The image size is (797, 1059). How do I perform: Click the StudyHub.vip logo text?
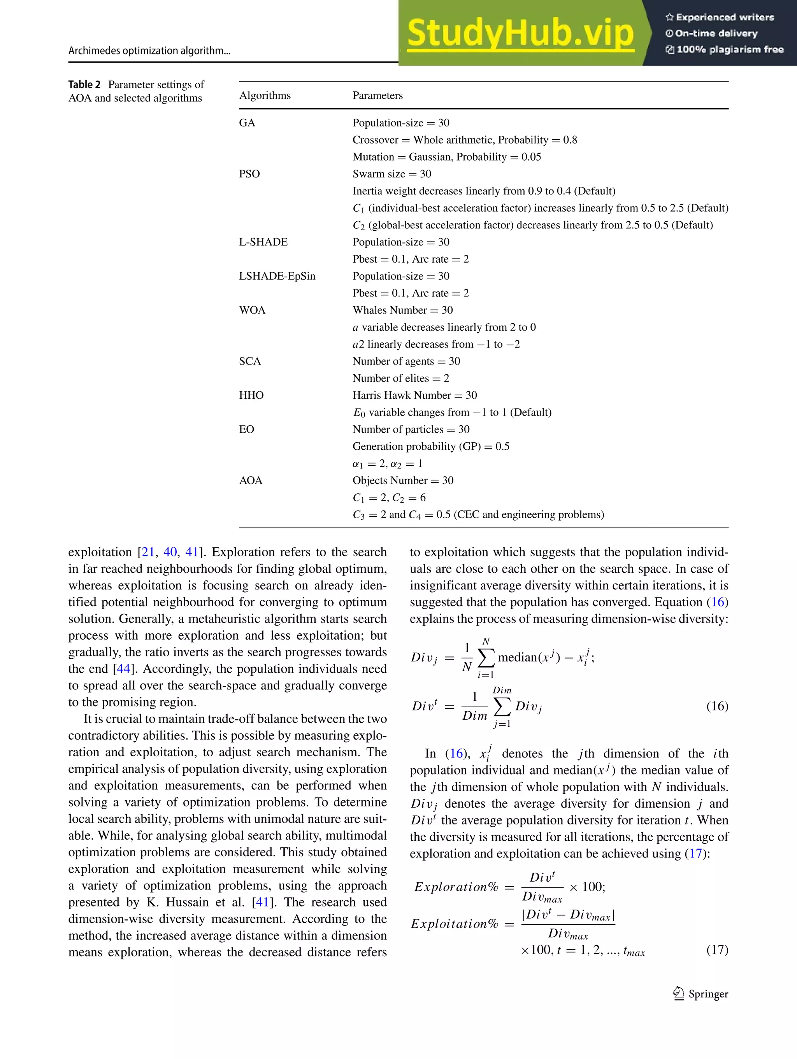coord(521,33)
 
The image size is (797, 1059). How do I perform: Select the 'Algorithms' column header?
coord(265,95)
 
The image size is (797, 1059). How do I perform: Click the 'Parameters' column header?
coord(377,95)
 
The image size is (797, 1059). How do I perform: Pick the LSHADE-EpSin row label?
coord(277,276)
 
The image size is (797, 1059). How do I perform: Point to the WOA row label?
coord(252,310)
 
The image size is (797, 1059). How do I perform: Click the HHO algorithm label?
coord(251,395)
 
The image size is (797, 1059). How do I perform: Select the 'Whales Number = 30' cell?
coord(402,310)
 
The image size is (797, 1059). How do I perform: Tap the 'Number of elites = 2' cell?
coord(400,378)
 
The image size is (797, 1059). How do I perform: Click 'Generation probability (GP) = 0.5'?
coord(430,446)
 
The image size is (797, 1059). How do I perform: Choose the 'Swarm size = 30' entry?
coord(392,174)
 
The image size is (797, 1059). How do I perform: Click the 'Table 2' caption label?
coord(84,85)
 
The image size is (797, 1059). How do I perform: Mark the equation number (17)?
coord(717,949)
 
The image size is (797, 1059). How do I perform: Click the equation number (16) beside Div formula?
coord(717,706)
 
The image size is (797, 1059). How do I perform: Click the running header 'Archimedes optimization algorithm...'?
coord(149,51)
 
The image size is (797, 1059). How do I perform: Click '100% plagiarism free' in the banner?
coord(725,49)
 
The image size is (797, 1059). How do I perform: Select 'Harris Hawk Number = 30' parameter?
coord(414,395)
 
